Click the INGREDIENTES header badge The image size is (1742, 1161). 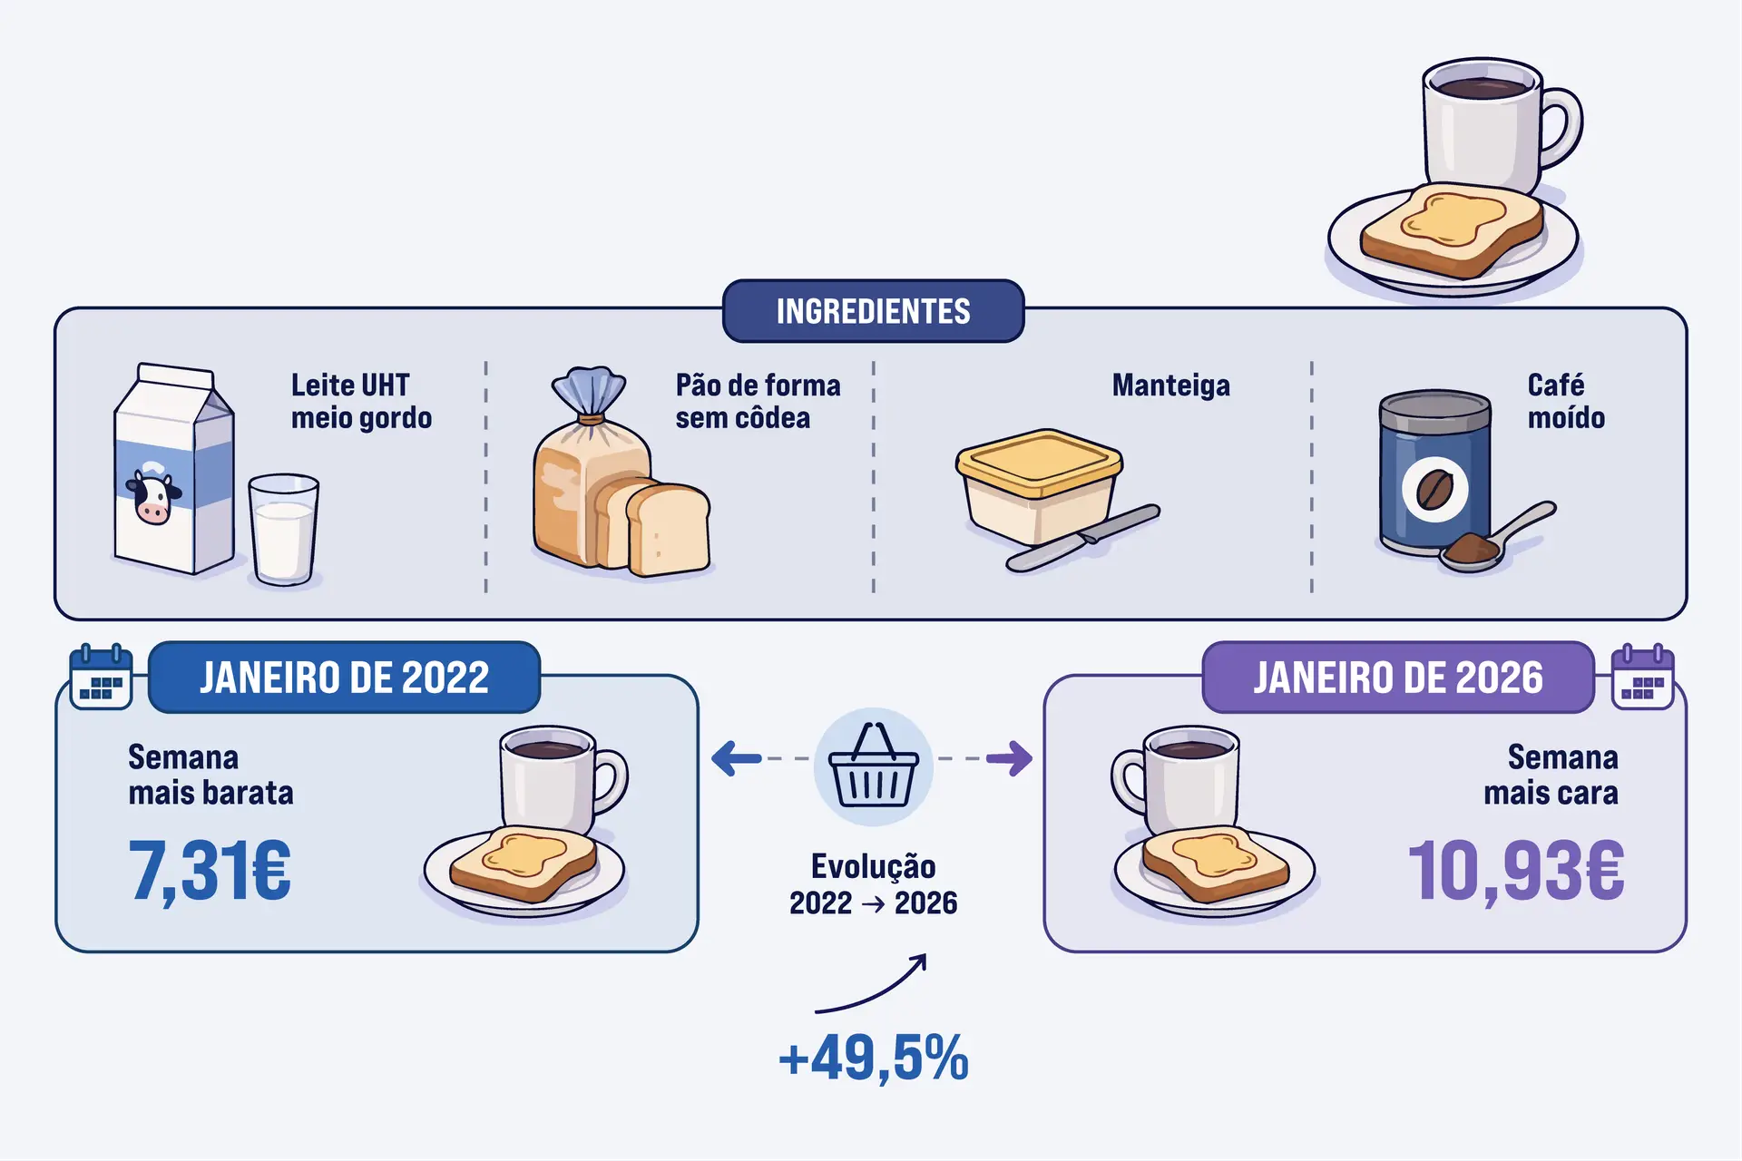pos(873,311)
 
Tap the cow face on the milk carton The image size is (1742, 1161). pos(152,497)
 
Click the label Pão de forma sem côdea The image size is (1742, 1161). pos(757,401)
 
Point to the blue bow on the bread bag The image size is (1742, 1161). pos(590,392)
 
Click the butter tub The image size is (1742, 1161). pos(1039,485)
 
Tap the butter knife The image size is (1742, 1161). pos(1084,537)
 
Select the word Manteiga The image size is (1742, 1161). pos(1170,385)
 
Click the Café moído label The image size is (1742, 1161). pos(1565,401)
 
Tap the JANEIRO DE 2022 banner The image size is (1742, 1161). pos(344,678)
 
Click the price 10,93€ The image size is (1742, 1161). pos(1515,871)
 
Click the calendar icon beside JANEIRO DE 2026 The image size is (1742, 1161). pos(1642,678)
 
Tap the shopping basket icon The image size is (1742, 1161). pos(873,767)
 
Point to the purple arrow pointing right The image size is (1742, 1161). pos(1010,758)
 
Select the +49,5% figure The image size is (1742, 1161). pos(873,1058)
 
